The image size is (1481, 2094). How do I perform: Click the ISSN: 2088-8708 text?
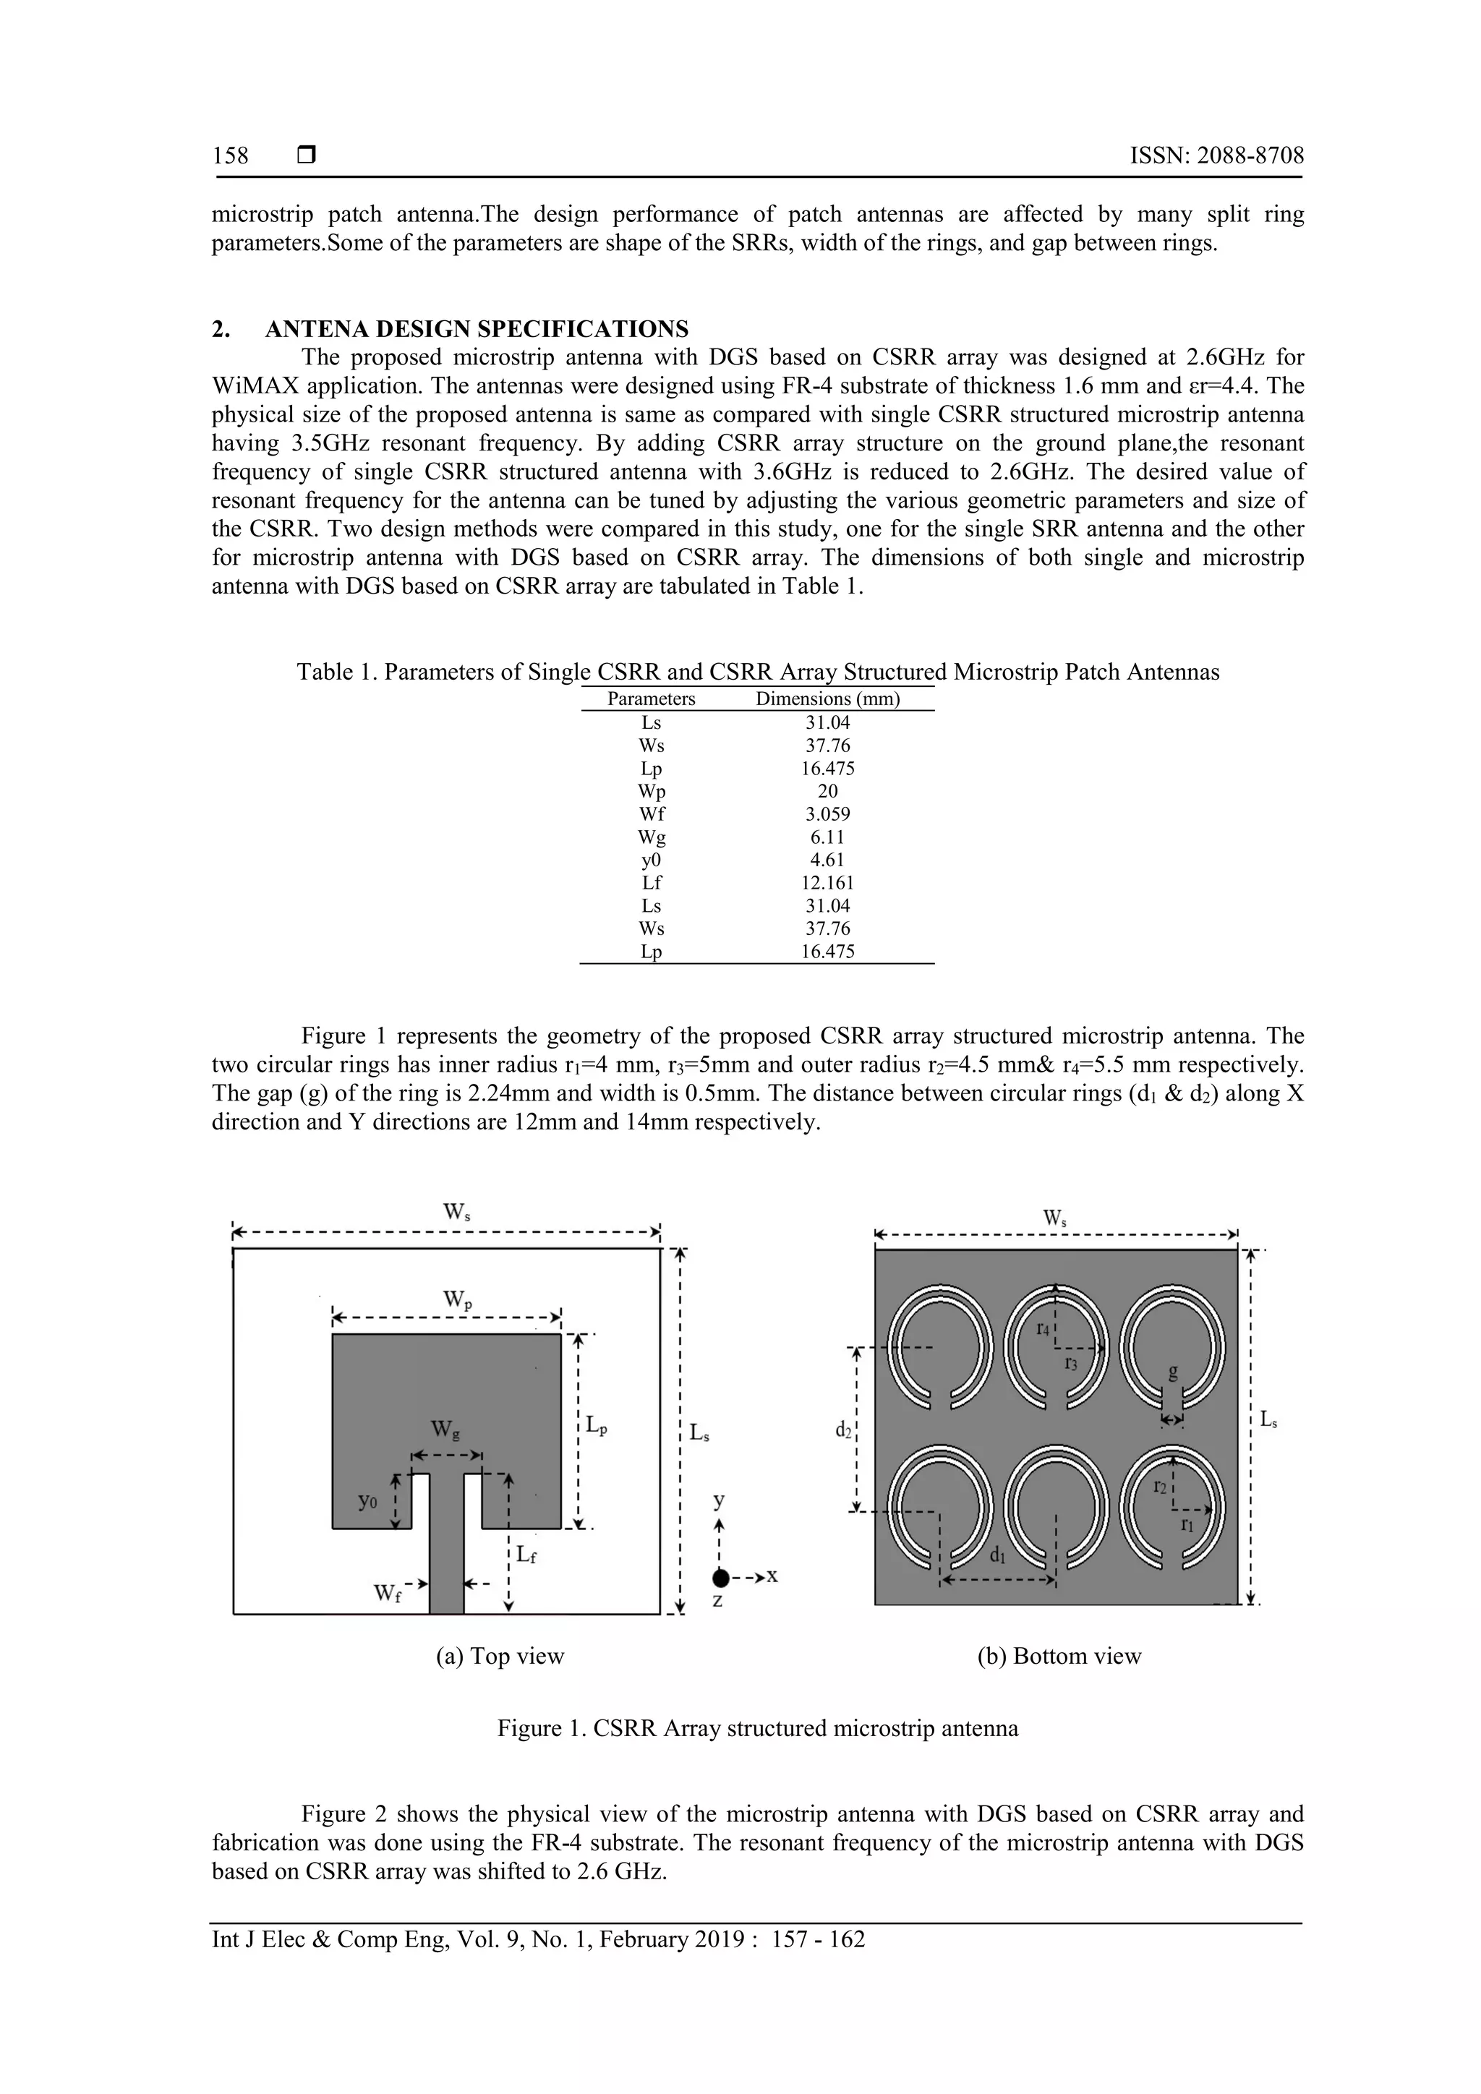coord(1216,156)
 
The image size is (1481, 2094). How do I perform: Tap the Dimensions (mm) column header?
coord(827,699)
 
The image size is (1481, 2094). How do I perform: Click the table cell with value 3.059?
coord(827,814)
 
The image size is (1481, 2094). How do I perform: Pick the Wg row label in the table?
coord(651,837)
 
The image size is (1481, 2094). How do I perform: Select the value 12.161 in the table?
coord(827,883)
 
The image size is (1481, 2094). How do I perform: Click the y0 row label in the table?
coord(651,860)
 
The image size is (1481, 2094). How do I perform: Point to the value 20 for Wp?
coord(827,792)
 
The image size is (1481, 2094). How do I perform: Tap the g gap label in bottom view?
coord(1173,1371)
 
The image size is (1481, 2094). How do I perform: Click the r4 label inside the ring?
coord(1043,1329)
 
